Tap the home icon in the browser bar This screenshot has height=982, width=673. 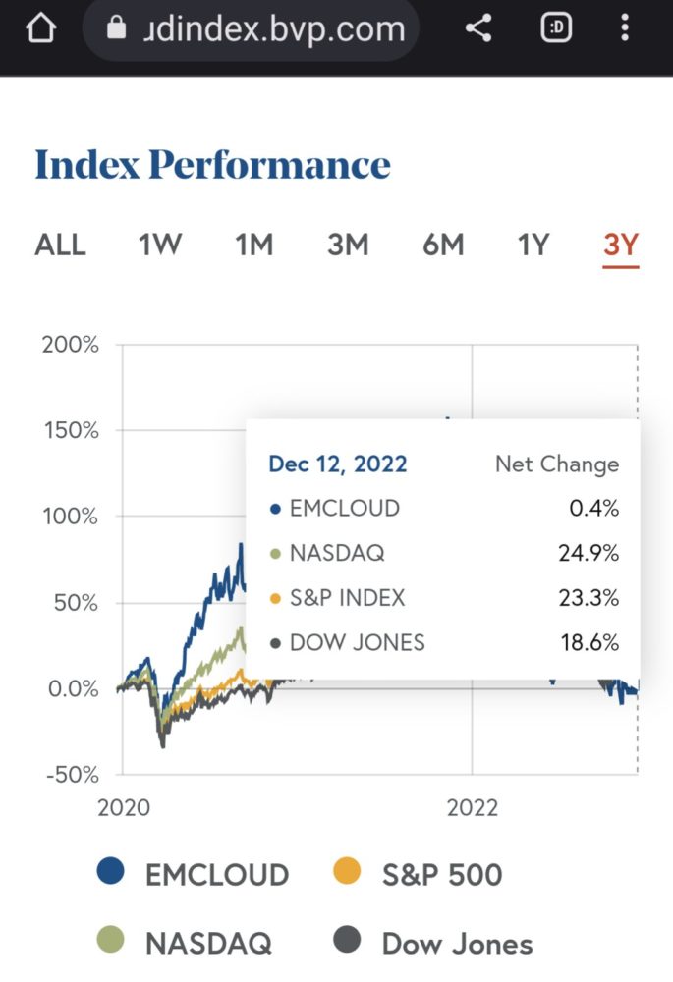[x=40, y=28]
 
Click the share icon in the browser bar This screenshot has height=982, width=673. [x=478, y=28]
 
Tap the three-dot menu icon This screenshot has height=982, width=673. [x=625, y=28]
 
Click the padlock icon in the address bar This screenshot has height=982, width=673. [x=117, y=29]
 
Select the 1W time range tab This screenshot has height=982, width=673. [x=160, y=245]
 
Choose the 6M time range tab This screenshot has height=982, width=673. [x=443, y=245]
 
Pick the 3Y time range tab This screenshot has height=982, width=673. [x=621, y=245]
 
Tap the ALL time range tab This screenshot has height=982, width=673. [x=61, y=245]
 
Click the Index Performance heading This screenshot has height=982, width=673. [x=212, y=165]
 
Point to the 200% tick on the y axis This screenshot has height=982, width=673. [x=70, y=345]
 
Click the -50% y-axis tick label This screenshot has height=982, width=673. [x=70, y=775]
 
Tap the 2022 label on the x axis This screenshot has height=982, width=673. [x=473, y=808]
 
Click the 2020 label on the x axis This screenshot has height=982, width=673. [x=124, y=808]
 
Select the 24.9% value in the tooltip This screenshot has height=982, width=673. [x=589, y=553]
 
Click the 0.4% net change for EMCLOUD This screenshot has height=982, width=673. [x=595, y=508]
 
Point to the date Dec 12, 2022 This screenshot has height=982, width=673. [x=338, y=464]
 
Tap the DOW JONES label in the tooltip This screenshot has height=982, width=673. [x=358, y=643]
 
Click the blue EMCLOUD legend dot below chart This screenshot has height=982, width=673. [x=111, y=871]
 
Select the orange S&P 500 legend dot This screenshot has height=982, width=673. [x=348, y=871]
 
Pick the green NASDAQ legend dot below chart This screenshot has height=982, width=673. [x=111, y=941]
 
